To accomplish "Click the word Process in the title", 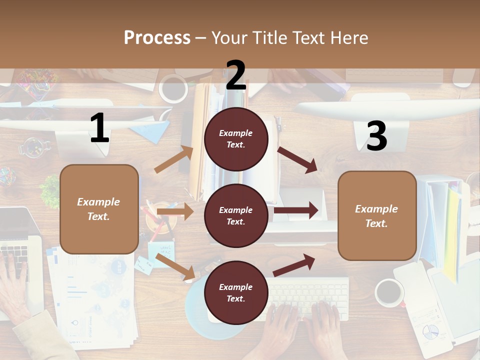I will [157, 38].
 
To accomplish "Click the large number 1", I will [99, 128].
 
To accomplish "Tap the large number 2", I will [236, 75].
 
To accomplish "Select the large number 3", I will [376, 136].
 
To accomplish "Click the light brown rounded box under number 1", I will [99, 209].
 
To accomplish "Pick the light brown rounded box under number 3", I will [377, 215].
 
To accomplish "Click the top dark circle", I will [236, 139].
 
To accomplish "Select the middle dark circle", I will [236, 215].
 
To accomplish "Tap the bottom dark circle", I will [236, 292].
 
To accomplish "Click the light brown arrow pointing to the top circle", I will [174, 159].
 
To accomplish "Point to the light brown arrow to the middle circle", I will [175, 211].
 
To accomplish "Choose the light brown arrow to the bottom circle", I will [175, 266].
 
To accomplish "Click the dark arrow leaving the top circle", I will [297, 160].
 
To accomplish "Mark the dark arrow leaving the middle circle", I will [295, 210].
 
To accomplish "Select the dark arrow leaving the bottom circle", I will [294, 265].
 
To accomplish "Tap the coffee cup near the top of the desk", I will [173, 88].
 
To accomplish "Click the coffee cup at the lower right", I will [389, 292].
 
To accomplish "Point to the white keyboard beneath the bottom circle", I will [310, 295].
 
